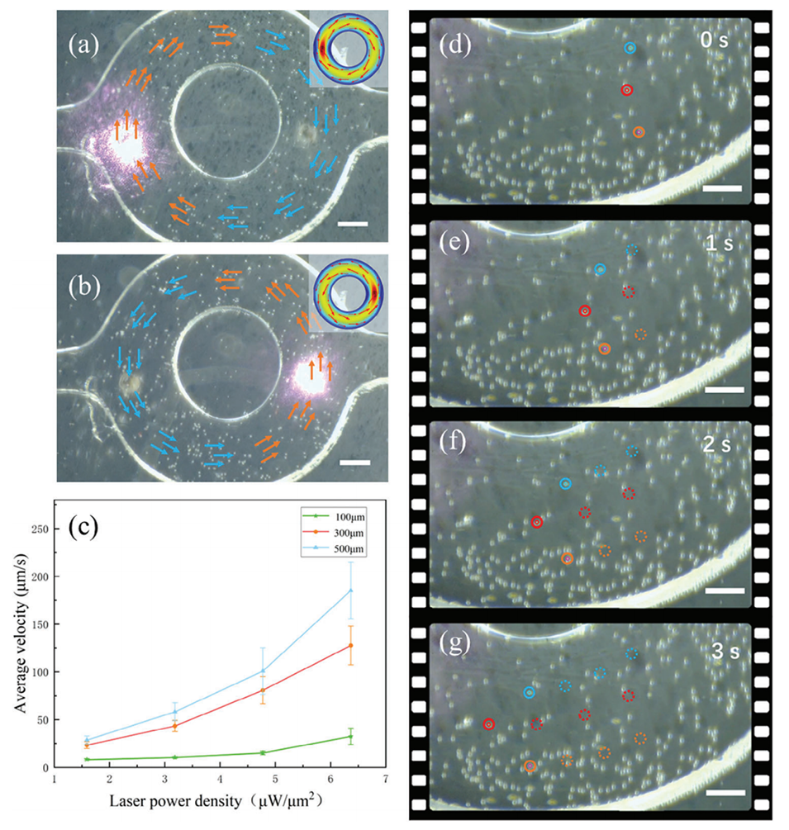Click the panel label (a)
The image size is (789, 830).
coord(82,41)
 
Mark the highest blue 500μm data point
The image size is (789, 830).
coord(351,590)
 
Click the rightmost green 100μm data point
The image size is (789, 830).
coord(351,737)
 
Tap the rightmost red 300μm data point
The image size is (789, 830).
coord(351,646)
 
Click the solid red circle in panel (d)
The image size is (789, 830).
coord(626,89)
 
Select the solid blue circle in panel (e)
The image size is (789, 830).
coord(600,269)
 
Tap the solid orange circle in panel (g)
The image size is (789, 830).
coord(530,767)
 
